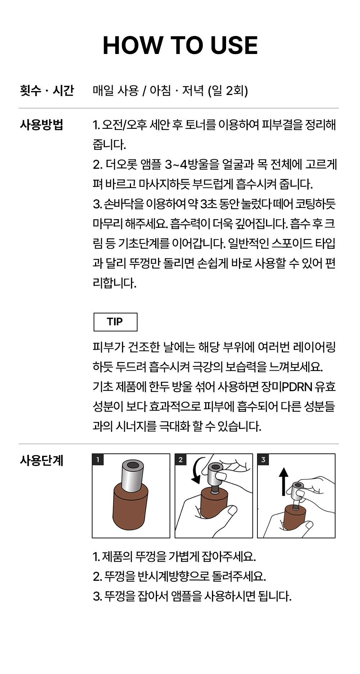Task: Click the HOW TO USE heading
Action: point(180,45)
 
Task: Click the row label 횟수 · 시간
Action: point(47,90)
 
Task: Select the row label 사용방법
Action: point(42,125)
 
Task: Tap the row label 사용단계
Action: point(42,460)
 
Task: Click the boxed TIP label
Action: point(115,322)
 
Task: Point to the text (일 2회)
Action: point(228,90)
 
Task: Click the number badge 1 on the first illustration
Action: point(98,460)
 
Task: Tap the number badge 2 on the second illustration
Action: point(181,460)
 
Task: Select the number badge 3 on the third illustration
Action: point(263,460)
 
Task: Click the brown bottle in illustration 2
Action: point(214,504)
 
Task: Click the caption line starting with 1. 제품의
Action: point(174,557)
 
